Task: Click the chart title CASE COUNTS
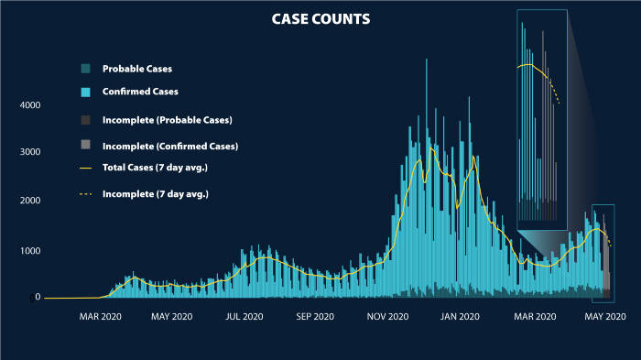(320, 18)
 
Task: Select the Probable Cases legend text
(137, 69)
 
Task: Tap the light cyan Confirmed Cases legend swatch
(85, 92)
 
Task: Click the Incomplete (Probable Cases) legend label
(167, 120)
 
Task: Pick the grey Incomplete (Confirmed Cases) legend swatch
(85, 145)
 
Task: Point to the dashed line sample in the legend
(85, 194)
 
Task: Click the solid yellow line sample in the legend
(85, 169)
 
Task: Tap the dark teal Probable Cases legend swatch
(85, 69)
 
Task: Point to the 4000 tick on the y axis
(30, 105)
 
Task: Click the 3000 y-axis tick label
(30, 152)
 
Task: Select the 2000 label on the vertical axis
(30, 201)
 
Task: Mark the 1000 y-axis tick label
(30, 250)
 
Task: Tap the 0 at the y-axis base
(38, 297)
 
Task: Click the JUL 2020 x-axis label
(243, 316)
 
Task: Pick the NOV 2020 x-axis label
(387, 316)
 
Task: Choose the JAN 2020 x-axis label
(461, 316)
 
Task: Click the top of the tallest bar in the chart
(427, 60)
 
